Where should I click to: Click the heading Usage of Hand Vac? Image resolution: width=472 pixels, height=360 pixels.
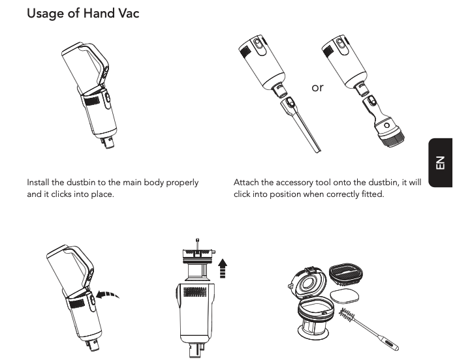coord(83,14)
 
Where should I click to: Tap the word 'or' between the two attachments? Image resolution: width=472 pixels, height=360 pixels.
coord(317,87)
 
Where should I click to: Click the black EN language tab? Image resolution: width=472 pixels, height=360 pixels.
coord(440,162)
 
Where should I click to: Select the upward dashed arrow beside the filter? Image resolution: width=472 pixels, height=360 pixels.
coord(223,268)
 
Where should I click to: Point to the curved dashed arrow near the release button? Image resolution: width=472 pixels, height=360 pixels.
coord(108,294)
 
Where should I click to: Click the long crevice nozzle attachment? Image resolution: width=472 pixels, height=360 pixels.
coord(301,124)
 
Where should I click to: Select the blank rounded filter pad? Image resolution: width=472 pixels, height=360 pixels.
coord(344,296)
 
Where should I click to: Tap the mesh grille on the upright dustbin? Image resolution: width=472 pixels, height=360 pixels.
coord(195,292)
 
